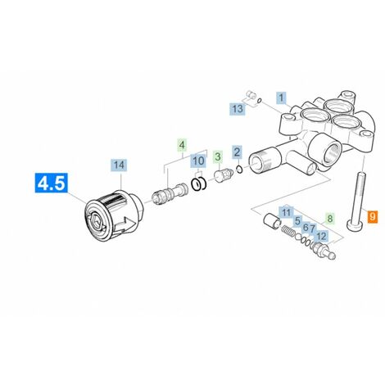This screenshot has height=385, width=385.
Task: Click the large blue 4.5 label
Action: (52, 183)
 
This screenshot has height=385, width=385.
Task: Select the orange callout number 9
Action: (373, 217)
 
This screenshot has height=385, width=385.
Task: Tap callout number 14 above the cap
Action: (119, 165)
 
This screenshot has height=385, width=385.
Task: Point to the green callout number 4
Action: (182, 145)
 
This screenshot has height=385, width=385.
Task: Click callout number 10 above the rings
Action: (198, 161)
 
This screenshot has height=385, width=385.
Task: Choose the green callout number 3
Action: (218, 156)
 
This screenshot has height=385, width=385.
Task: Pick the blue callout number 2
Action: (237, 152)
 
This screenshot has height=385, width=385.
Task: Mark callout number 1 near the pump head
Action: (281, 97)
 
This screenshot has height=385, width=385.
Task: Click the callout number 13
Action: (238, 109)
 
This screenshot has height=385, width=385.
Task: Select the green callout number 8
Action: (330, 219)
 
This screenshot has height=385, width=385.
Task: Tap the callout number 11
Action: (286, 212)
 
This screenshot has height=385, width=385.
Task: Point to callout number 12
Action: (321, 236)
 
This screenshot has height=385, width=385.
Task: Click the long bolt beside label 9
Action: (356, 201)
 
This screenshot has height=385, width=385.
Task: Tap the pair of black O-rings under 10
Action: (199, 184)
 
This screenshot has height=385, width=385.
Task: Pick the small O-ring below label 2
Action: (239, 170)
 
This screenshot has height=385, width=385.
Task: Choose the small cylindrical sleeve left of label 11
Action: (272, 220)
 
